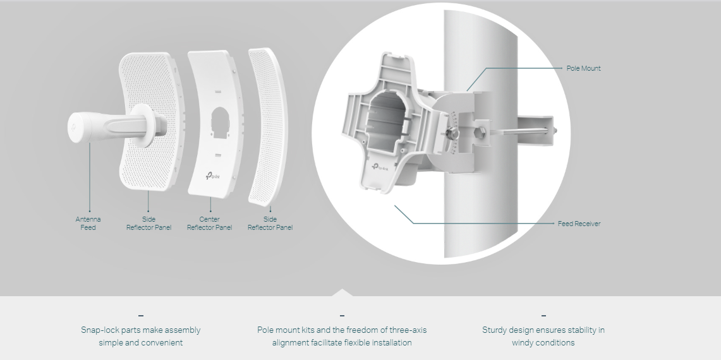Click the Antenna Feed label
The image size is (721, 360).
click(88, 224)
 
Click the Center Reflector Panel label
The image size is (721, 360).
click(209, 224)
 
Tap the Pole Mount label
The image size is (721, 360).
click(583, 68)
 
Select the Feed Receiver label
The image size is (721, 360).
click(579, 224)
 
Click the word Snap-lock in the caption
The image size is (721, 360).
click(99, 330)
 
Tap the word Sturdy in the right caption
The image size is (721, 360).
click(495, 330)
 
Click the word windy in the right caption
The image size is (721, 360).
click(523, 343)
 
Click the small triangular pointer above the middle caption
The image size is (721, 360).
click(342, 292)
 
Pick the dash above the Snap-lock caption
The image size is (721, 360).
click(140, 315)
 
